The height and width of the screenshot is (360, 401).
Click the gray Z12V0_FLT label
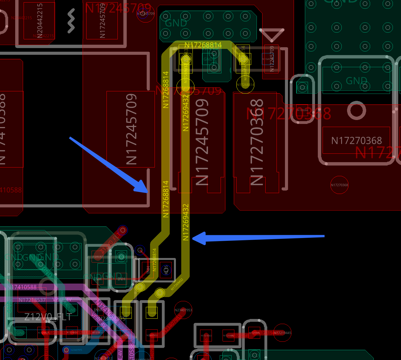(48, 317)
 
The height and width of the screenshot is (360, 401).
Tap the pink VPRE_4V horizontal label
(62, 300)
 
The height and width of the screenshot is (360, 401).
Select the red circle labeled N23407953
(183, 310)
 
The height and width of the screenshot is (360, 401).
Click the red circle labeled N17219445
(282, 333)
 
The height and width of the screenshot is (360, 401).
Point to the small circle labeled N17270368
(339, 185)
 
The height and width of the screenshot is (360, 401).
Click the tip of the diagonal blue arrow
(148, 192)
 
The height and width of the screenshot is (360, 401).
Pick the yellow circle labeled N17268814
(245, 85)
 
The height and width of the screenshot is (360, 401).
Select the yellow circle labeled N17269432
(185, 87)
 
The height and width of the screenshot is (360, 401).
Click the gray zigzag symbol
(71, 20)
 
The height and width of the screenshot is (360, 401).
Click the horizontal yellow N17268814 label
(203, 45)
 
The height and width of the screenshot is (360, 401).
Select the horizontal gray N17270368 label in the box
(356, 141)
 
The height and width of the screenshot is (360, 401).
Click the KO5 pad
(166, 270)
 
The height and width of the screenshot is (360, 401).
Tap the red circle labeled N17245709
(146, 13)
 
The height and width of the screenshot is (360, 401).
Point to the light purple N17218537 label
(32, 300)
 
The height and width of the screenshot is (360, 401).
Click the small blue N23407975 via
(66, 350)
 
